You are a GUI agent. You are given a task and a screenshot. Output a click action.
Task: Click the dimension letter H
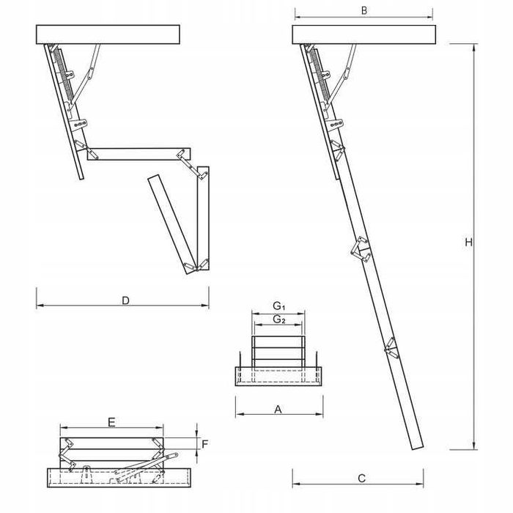[468, 243]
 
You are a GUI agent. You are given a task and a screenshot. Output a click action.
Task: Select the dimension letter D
[125, 300]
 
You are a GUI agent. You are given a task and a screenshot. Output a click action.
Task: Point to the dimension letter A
[278, 410]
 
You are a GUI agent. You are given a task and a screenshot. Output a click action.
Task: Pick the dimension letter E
[111, 422]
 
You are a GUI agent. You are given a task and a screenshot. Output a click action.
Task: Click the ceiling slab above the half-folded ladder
[108, 34]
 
